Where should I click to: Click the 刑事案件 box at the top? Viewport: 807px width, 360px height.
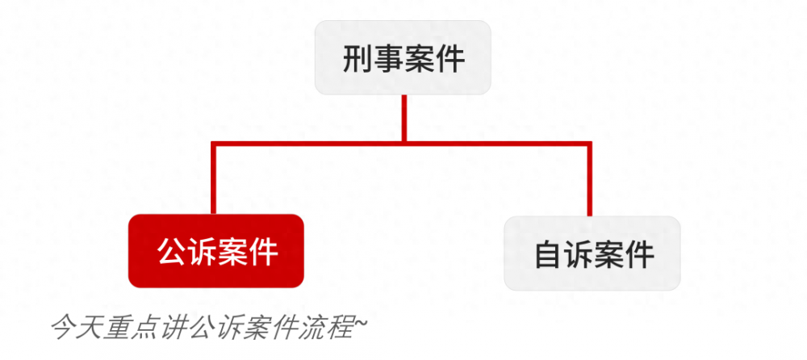point(403,57)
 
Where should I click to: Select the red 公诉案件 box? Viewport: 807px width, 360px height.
point(216,251)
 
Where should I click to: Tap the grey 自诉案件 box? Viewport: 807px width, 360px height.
point(592,253)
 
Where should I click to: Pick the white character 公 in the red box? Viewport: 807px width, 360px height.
point(172,252)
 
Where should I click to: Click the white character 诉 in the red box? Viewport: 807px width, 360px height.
point(202,252)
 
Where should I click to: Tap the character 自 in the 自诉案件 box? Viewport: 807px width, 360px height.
point(549,254)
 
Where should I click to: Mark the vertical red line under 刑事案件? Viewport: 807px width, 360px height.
point(404,118)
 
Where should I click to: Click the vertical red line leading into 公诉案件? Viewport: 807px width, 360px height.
point(214,178)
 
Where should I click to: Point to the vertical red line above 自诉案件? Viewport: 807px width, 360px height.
point(590,178)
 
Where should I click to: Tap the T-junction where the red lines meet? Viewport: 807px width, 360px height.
point(404,143)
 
